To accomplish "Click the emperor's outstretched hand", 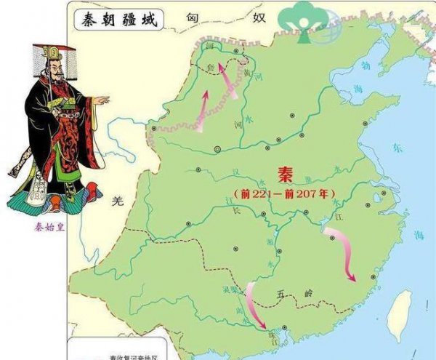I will (102, 100).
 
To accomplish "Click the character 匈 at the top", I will (192, 16).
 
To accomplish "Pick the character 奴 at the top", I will (259, 16).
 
